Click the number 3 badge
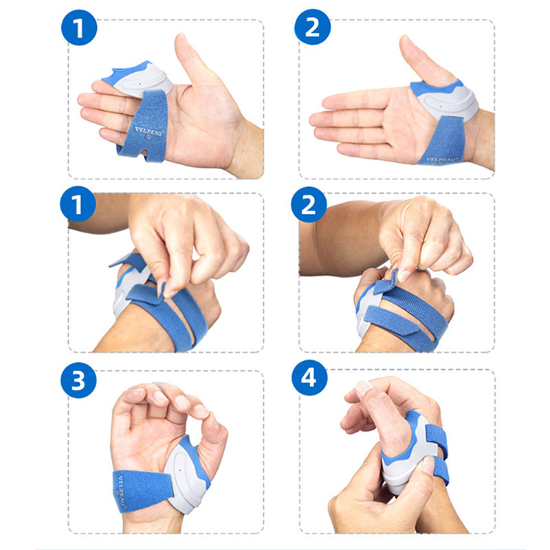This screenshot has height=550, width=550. [78, 380]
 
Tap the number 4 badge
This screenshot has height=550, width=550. [309, 378]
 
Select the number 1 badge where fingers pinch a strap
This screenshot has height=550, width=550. [78, 204]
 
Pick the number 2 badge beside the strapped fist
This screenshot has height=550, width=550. [309, 205]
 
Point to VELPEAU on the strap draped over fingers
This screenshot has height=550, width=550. [149, 131]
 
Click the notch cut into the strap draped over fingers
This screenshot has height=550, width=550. [144, 153]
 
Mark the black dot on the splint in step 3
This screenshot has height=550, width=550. [179, 470]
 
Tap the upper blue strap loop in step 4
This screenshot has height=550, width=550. [437, 440]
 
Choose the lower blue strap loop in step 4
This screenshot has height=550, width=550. [441, 471]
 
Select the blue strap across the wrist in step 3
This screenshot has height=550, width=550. [142, 491]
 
